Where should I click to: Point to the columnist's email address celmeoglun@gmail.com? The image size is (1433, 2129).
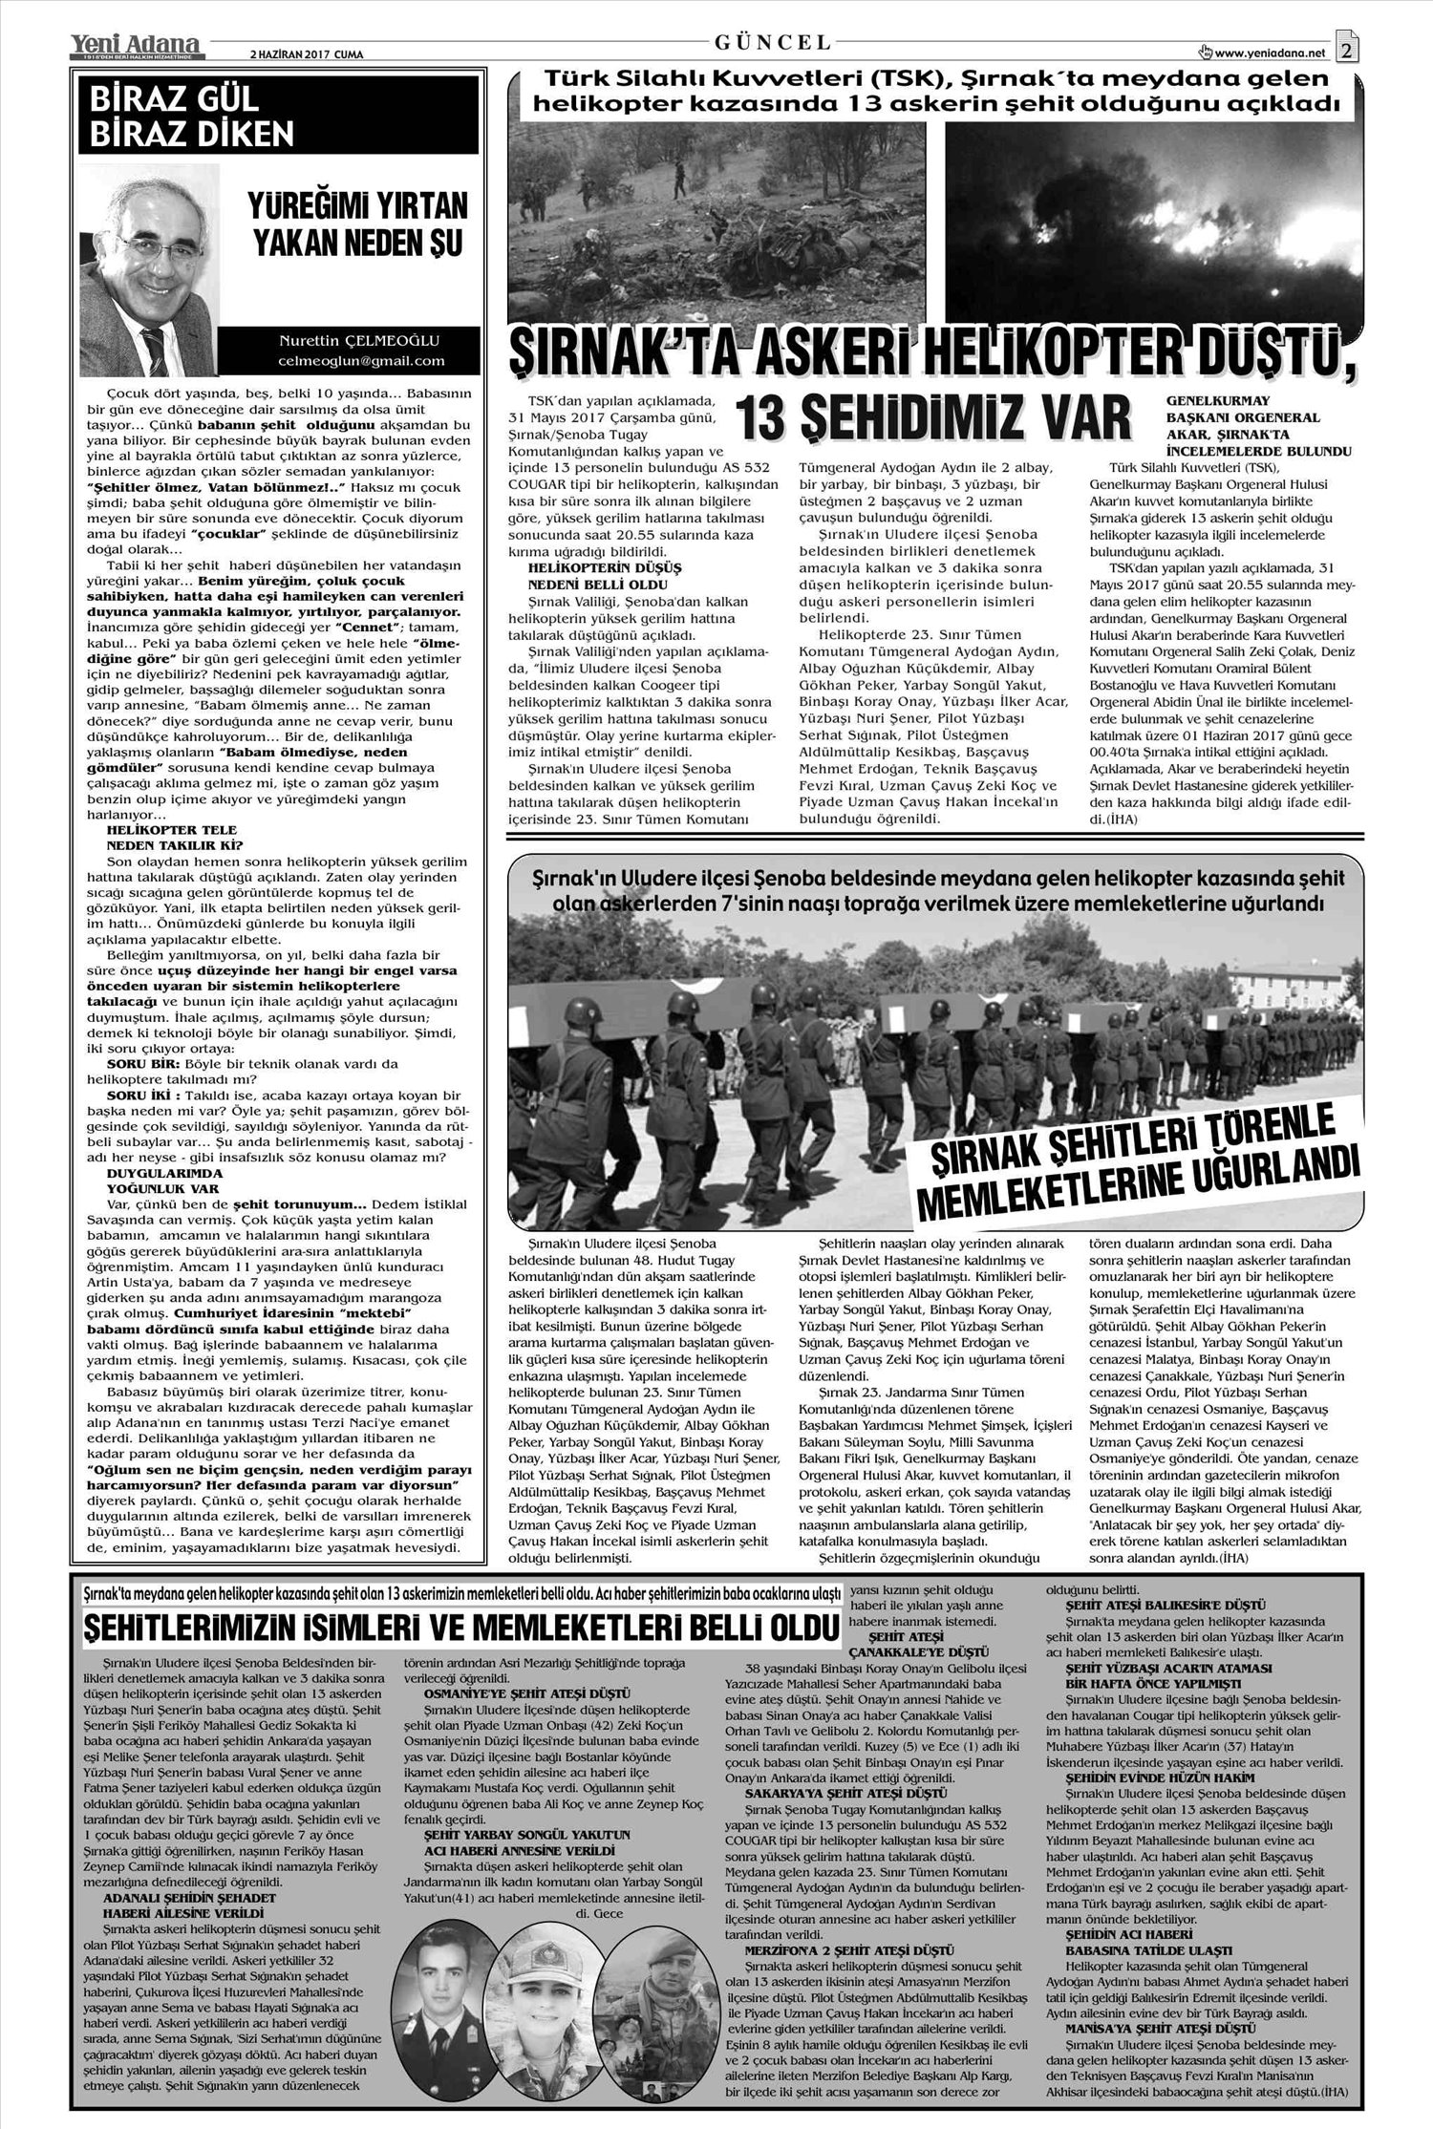[361, 361]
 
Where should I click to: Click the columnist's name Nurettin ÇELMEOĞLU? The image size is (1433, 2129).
[359, 340]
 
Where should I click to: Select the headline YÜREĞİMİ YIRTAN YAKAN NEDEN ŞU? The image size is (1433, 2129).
[357, 224]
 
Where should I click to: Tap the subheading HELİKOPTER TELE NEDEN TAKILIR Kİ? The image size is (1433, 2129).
[176, 838]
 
